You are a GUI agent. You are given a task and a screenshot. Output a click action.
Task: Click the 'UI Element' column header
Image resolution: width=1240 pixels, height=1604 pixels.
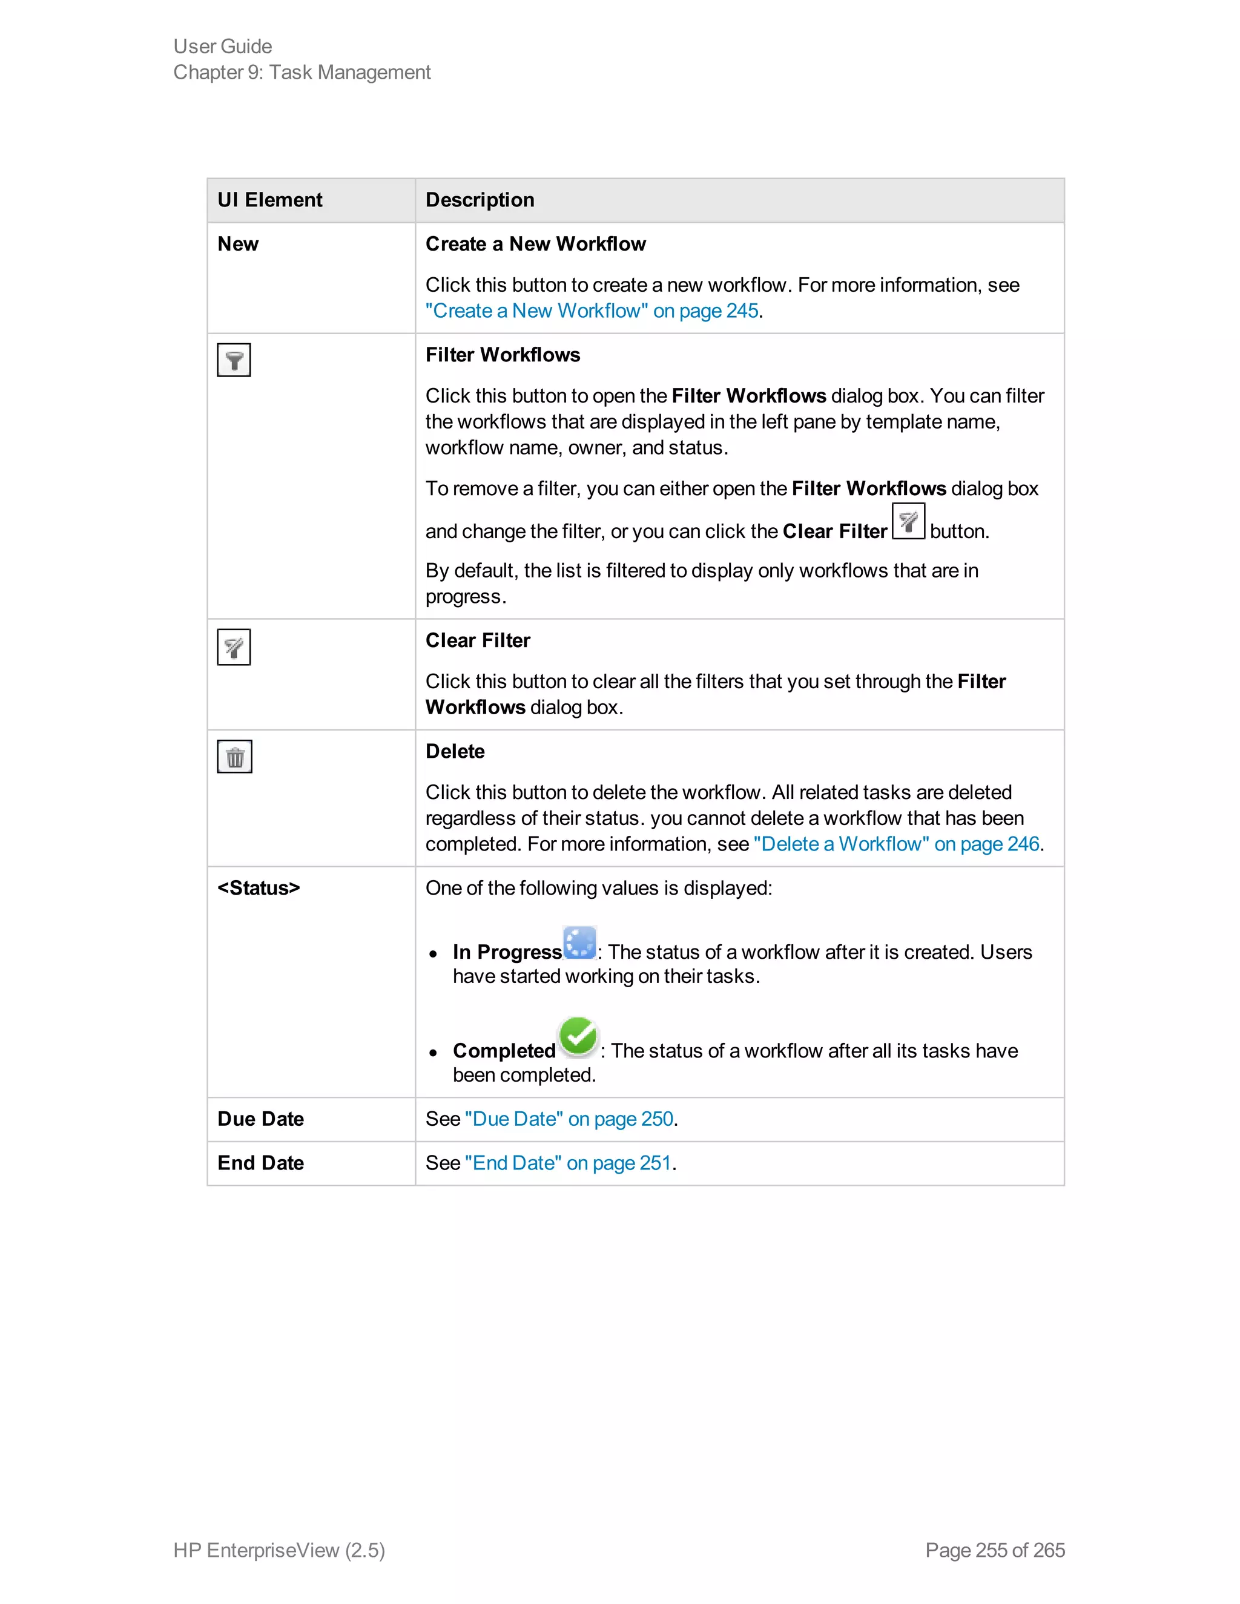[269, 200]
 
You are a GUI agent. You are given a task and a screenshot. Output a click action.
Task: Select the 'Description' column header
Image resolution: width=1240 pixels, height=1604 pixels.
[480, 200]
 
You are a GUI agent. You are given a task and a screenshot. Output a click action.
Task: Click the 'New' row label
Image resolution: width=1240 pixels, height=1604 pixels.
[238, 244]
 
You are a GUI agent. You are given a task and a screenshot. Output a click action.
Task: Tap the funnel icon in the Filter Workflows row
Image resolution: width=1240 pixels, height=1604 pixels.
[234, 360]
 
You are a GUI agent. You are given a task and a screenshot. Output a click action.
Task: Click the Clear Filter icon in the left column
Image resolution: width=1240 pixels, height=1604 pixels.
[234, 647]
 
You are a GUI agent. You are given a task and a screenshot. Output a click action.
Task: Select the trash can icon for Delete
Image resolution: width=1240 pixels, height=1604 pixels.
[234, 757]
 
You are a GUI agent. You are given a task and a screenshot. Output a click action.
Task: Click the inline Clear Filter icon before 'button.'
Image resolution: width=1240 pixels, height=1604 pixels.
[908, 521]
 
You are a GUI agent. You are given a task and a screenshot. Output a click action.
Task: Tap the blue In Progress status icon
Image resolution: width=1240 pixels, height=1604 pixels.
[579, 942]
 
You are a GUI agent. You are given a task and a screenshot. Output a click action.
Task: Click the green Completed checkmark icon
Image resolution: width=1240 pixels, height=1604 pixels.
[578, 1037]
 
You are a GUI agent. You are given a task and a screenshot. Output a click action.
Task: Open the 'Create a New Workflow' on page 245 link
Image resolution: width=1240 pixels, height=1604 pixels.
[592, 311]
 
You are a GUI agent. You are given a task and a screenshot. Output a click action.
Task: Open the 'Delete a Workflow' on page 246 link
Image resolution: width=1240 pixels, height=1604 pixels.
[896, 844]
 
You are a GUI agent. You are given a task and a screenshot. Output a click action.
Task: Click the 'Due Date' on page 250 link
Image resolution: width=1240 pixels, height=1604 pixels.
[569, 1119]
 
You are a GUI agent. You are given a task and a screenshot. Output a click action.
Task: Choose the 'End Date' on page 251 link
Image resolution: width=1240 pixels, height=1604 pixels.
[568, 1163]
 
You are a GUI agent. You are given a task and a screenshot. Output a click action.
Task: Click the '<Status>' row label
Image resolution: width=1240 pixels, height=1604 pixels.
[259, 888]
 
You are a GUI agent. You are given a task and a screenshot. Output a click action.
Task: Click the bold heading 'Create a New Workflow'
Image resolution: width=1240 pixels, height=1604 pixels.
[535, 244]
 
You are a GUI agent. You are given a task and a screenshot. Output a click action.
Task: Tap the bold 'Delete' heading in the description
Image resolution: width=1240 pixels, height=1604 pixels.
[455, 751]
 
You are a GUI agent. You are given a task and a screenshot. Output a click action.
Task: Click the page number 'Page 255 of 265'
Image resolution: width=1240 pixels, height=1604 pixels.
[995, 1550]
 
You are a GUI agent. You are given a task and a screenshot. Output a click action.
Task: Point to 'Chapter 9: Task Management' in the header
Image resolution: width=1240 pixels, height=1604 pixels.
[302, 72]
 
